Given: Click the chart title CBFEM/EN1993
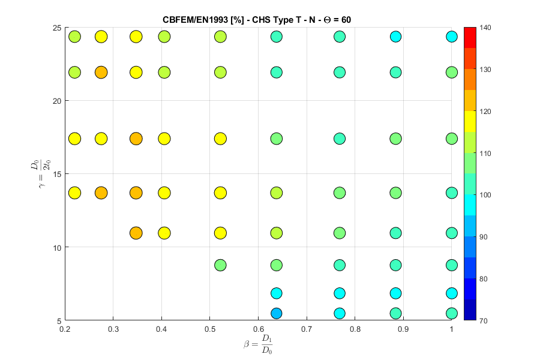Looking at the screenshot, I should [257, 19].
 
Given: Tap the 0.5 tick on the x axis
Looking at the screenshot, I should [209, 328].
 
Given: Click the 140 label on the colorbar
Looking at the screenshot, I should [485, 28].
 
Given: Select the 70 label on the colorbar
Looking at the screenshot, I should [484, 320].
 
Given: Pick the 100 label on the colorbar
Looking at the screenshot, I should [485, 195].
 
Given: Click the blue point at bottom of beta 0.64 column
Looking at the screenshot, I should [276, 313].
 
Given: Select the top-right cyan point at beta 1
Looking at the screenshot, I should [452, 37].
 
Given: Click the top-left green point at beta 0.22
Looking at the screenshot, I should [74, 37].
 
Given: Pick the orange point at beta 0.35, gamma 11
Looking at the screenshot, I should [136, 233].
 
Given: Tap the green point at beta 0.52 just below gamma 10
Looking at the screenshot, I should [220, 265].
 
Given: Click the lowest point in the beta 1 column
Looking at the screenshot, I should [452, 313].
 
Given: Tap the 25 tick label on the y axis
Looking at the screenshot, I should [56, 28].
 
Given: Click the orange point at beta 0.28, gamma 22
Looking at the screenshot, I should [101, 73].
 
